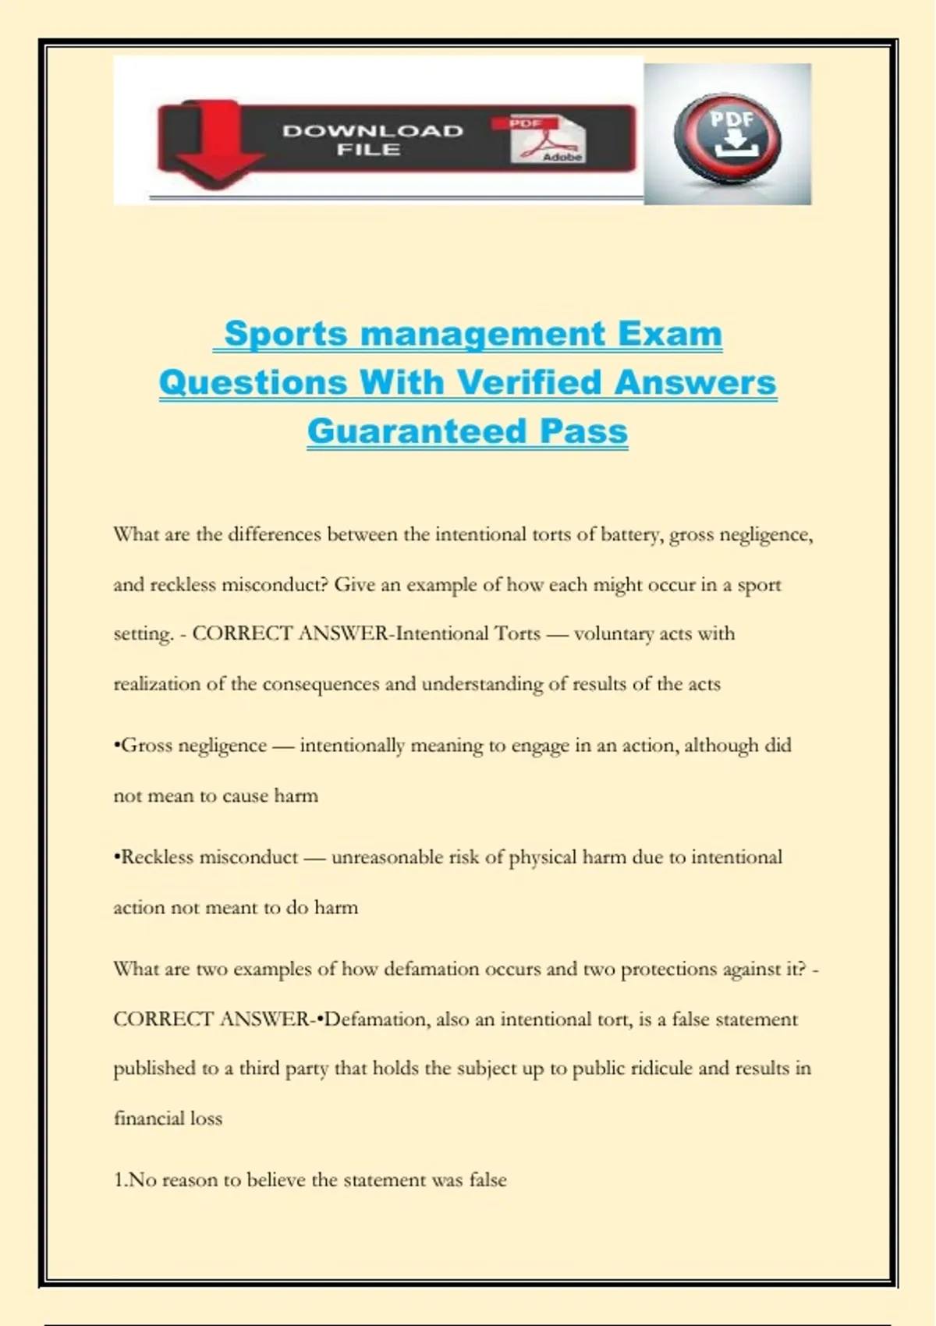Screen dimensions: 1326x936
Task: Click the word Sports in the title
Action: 285,334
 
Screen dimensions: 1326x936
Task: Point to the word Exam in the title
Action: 670,334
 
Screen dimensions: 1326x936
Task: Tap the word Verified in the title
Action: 530,382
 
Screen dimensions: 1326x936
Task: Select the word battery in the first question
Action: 631,535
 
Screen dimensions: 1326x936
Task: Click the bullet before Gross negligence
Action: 116,746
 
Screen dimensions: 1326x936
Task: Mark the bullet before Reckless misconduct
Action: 116,857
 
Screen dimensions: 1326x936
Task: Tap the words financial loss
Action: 168,1119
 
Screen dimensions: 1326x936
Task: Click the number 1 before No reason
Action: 119,1180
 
